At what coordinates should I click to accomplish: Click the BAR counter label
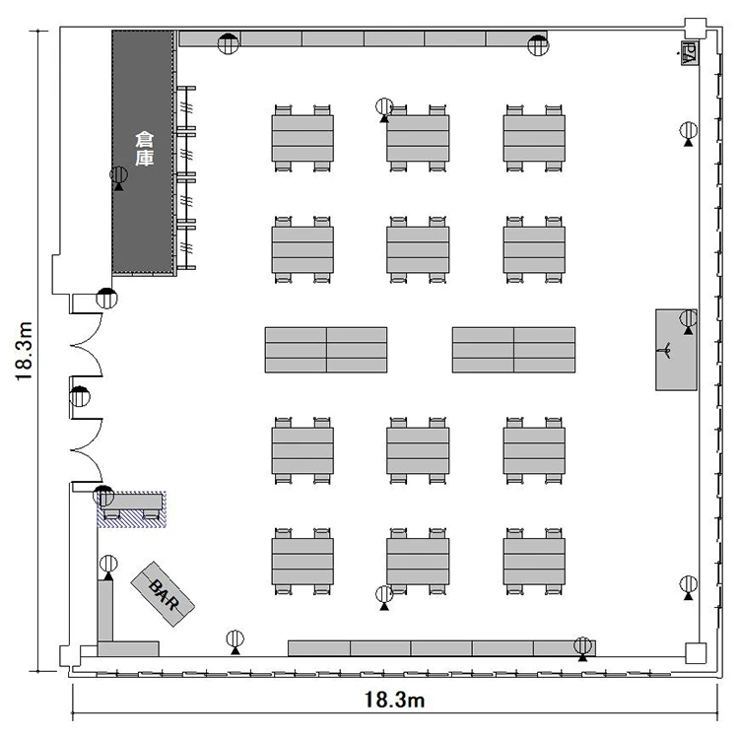(x=163, y=595)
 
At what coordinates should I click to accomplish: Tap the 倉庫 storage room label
(x=144, y=149)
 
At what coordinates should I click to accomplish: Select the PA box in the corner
(x=690, y=53)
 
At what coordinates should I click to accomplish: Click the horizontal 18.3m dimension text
(x=394, y=700)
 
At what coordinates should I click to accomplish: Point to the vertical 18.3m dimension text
(x=24, y=351)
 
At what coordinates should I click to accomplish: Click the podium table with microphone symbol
(x=676, y=350)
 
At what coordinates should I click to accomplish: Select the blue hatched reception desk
(x=131, y=509)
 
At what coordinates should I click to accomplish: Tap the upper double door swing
(x=87, y=345)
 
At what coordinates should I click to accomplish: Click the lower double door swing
(x=87, y=450)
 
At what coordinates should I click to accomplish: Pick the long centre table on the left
(x=326, y=350)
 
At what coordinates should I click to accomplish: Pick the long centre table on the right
(x=513, y=350)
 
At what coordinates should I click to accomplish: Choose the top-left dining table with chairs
(x=302, y=138)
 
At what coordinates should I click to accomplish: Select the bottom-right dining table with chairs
(x=534, y=562)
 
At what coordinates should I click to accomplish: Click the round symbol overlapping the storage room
(x=119, y=175)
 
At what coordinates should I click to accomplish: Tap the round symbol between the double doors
(x=80, y=396)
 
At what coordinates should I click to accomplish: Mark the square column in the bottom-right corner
(x=696, y=653)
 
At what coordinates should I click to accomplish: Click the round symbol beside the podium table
(x=689, y=319)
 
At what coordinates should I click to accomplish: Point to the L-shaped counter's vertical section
(x=105, y=611)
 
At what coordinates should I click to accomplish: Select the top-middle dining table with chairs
(x=418, y=138)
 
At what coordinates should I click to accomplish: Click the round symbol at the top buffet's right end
(x=538, y=45)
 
